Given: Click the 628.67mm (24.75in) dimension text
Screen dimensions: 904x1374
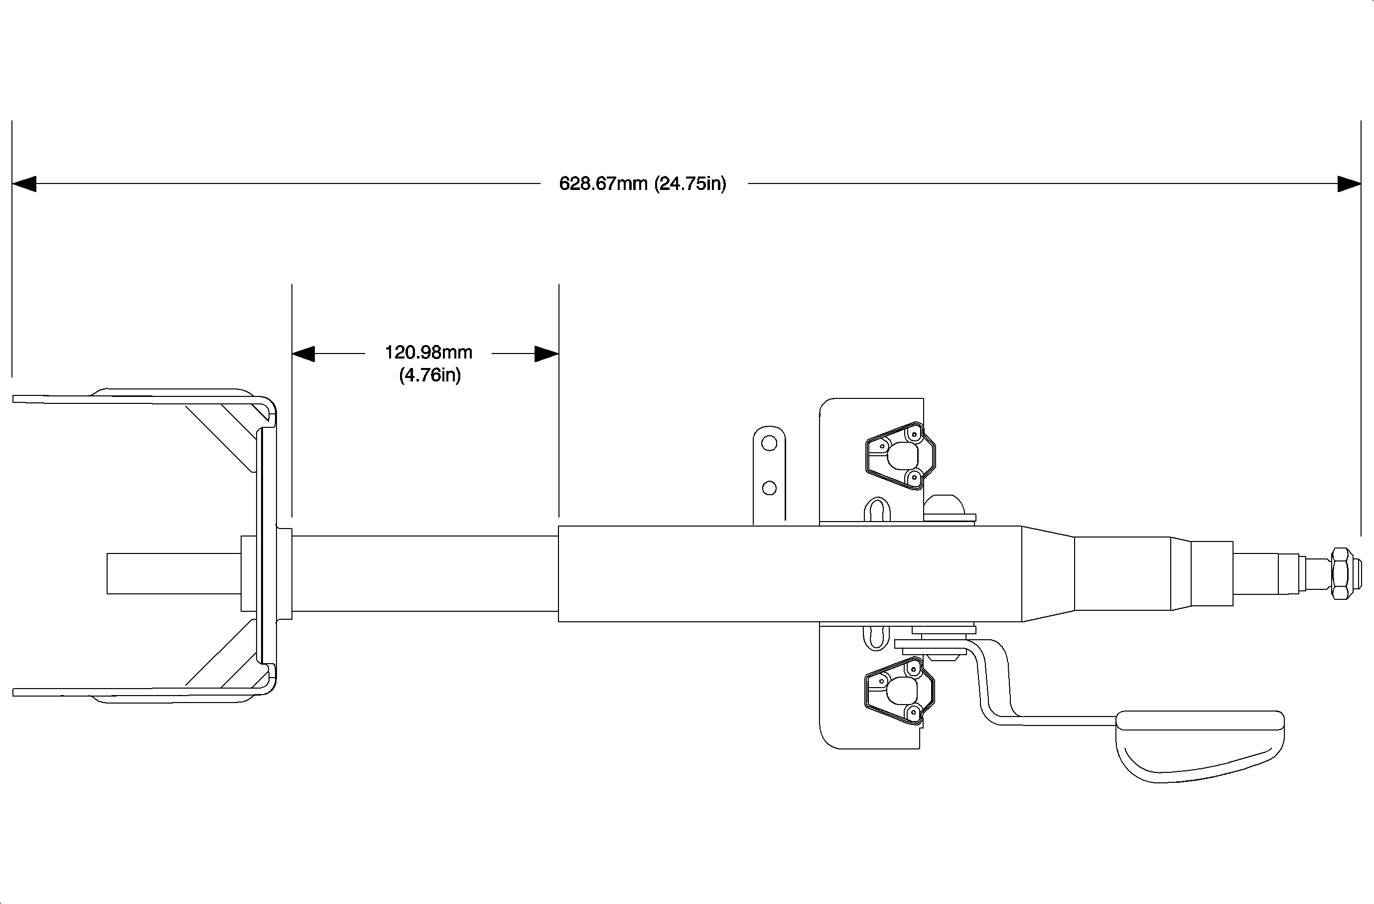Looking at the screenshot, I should tap(643, 183).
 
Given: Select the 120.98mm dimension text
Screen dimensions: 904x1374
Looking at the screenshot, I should tap(428, 352).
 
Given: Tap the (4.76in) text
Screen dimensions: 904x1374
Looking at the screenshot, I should tap(430, 375).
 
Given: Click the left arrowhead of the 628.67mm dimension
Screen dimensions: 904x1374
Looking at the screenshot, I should tap(24, 183).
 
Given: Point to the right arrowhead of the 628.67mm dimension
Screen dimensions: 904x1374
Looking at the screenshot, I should tap(1349, 183).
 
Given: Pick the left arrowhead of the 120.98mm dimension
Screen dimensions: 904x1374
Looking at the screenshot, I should tap(304, 354).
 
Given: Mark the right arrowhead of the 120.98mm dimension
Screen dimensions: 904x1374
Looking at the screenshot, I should tap(546, 354).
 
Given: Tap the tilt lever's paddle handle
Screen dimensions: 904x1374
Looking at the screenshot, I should tap(1201, 745).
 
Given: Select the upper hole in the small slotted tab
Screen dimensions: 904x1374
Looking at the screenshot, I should tap(769, 444).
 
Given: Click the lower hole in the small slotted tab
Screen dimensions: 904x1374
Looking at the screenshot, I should tap(769, 488).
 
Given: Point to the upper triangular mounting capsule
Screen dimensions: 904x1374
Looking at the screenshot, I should tap(899, 456).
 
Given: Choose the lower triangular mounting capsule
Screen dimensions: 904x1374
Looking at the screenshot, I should tap(899, 690).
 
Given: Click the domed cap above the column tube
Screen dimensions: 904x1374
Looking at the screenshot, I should tap(944, 506).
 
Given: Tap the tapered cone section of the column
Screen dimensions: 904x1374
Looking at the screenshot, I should tap(1048, 573).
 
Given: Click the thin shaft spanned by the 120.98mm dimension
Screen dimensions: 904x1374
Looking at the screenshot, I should tap(425, 573).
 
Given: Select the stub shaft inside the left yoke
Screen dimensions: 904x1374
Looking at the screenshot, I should tap(173, 573).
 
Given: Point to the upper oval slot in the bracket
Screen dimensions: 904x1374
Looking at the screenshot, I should tap(877, 510).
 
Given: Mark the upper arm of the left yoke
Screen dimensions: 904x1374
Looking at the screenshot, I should tap(133, 398).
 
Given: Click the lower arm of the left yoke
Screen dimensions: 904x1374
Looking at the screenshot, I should tap(133, 692).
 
